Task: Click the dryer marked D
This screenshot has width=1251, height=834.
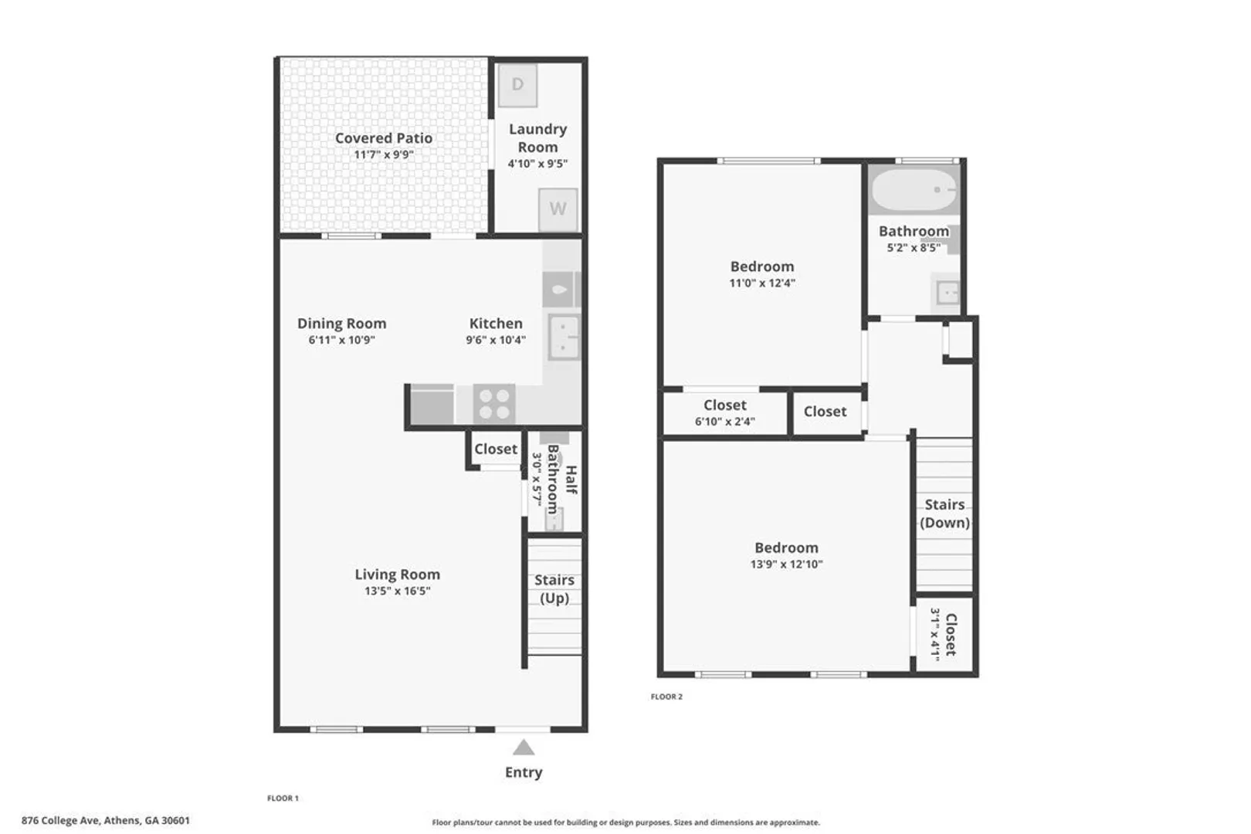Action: (517, 85)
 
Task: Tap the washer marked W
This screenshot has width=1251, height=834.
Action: (558, 209)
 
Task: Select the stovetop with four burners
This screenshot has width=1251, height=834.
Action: (494, 404)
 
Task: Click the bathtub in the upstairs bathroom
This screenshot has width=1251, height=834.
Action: (914, 190)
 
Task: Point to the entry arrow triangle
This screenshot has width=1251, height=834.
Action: (524, 748)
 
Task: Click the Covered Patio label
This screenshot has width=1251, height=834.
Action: (384, 138)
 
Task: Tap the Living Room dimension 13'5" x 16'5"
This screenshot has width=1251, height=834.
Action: (398, 591)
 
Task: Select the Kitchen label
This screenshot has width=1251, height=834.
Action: (496, 324)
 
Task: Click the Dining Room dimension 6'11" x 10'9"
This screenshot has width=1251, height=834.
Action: (342, 340)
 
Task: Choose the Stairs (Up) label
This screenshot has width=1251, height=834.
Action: (554, 588)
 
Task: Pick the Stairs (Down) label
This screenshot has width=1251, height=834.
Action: (944, 514)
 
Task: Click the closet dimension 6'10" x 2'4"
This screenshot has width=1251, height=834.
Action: (725, 422)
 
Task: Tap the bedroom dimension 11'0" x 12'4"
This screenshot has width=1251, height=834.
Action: (762, 283)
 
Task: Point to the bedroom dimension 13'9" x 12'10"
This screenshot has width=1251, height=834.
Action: (786, 564)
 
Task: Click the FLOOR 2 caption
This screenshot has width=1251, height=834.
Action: (666, 697)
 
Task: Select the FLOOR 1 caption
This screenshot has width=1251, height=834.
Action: (283, 798)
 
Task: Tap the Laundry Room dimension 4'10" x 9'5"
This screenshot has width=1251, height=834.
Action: (537, 164)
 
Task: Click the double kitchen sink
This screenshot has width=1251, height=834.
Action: (564, 336)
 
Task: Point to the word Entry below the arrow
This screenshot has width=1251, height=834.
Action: (524, 772)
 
